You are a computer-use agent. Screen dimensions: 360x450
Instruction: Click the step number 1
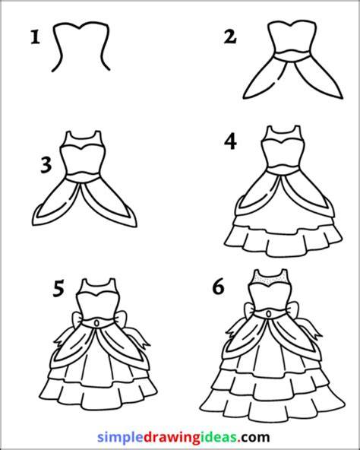click(35, 37)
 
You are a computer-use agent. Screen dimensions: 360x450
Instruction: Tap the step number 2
click(230, 37)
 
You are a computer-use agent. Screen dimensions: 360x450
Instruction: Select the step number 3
click(46, 166)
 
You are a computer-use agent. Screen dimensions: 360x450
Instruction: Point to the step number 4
click(231, 142)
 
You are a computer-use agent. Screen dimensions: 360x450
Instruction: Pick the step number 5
click(58, 289)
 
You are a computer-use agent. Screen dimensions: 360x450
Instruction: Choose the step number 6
click(218, 287)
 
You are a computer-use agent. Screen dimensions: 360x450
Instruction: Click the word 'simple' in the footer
click(120, 438)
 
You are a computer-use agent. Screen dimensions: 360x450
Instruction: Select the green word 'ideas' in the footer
click(223, 437)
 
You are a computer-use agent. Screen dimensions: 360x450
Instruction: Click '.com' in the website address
click(254, 438)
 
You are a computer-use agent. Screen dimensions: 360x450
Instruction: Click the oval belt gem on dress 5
click(97, 323)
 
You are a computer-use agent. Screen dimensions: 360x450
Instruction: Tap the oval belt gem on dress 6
click(269, 314)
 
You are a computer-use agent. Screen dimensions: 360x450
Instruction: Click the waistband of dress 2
click(292, 56)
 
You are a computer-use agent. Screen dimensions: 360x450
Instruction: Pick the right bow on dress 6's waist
click(292, 310)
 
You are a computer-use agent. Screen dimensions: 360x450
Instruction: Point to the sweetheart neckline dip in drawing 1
click(80, 28)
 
